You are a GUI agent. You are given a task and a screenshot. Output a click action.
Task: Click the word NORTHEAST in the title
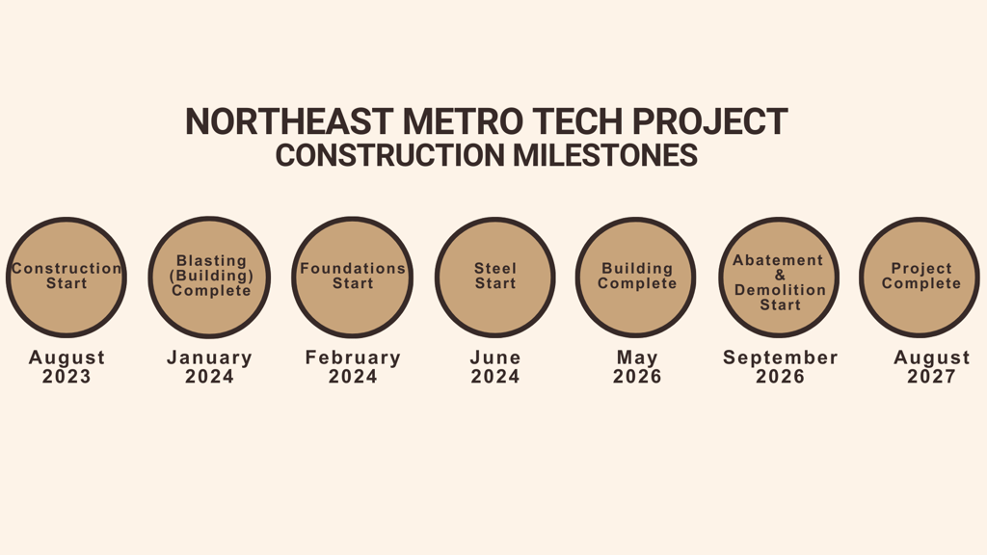click(289, 121)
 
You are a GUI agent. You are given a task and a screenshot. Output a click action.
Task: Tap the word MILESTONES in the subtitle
click(605, 155)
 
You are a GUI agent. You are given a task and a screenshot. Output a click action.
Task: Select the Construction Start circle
click(67, 277)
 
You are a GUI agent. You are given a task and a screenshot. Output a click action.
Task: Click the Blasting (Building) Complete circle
click(209, 277)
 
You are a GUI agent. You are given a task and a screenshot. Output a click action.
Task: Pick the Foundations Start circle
click(353, 277)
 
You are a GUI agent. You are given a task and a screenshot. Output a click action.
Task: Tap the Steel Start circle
click(495, 277)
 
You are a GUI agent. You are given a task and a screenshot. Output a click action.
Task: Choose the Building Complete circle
click(636, 277)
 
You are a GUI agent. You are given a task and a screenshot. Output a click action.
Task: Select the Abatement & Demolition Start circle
click(779, 277)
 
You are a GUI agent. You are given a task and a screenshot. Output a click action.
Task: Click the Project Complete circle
click(920, 277)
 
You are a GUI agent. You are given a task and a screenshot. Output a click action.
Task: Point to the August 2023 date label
click(67, 367)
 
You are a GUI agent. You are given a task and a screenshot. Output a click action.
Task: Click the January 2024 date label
click(209, 367)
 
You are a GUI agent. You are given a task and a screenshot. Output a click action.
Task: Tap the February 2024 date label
click(353, 367)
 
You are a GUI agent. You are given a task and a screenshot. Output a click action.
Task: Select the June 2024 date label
click(495, 367)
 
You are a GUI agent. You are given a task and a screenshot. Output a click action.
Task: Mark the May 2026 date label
click(637, 367)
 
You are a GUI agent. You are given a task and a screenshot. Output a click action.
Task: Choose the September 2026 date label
click(781, 367)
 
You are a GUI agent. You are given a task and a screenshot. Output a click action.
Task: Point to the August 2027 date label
click(932, 367)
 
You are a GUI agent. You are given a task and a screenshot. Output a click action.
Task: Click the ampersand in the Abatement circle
click(780, 275)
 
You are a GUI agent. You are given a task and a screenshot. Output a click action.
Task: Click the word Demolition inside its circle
click(780, 290)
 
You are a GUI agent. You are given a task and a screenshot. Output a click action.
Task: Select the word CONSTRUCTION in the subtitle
click(389, 155)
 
